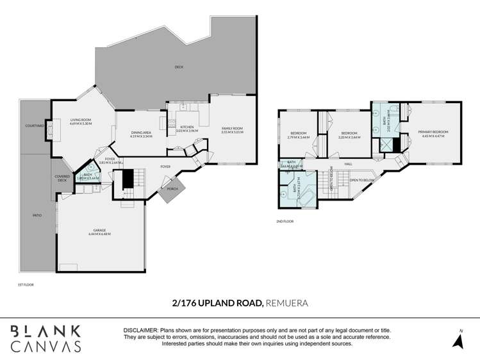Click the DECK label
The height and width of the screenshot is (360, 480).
(179, 67)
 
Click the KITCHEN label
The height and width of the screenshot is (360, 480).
(186, 127)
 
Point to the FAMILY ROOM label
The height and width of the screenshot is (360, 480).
(232, 129)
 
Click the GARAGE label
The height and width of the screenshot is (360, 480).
(99, 232)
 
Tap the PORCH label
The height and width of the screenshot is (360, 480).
(172, 188)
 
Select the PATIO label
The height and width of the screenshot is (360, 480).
(37, 215)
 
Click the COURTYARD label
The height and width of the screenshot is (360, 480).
(34, 126)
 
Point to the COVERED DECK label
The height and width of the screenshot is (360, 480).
(62, 178)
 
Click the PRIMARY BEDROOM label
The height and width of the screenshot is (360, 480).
(433, 132)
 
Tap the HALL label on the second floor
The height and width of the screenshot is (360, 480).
(349, 164)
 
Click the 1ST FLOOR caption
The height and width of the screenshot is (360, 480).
(26, 284)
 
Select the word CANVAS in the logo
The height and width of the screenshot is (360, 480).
(46, 346)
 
